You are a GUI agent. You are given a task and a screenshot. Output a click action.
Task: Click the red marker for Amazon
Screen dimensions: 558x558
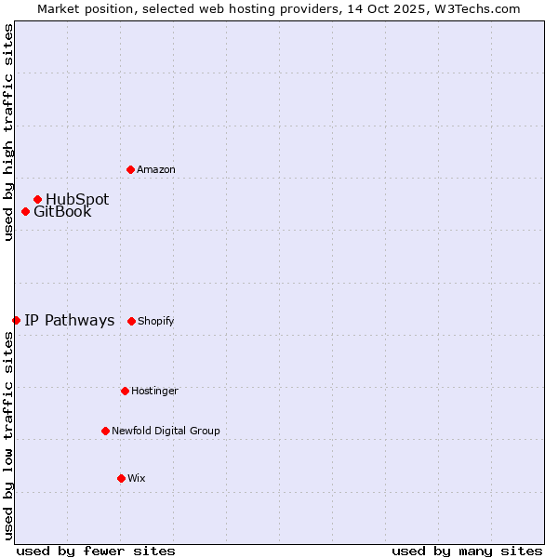point(130,169)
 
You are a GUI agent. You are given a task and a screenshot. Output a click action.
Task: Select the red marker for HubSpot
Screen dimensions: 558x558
point(37,199)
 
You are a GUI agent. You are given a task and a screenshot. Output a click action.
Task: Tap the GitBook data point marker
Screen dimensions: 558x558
point(25,211)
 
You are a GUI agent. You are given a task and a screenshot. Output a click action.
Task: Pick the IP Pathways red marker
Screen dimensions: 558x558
point(16,320)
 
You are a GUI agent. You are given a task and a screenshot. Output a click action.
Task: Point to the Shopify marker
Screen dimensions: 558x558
point(131,321)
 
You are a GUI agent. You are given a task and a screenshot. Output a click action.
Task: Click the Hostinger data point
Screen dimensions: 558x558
point(125,391)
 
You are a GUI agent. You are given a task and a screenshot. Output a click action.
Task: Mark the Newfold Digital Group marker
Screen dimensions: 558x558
point(105,431)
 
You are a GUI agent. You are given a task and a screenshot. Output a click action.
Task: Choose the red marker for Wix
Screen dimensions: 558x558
point(121,478)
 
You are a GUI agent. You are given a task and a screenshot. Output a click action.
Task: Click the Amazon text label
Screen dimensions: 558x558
point(156,169)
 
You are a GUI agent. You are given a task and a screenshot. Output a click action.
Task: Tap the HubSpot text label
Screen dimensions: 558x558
point(77,199)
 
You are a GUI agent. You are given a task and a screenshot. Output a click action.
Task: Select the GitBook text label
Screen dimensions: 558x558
point(62,211)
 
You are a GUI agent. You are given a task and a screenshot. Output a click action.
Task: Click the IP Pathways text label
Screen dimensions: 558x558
point(69,320)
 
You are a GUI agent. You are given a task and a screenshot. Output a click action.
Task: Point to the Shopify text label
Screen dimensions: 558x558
point(156,321)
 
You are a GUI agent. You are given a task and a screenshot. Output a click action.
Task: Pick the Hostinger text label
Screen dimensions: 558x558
point(154,391)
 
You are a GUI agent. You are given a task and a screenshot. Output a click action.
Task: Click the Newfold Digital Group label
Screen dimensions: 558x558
point(166,431)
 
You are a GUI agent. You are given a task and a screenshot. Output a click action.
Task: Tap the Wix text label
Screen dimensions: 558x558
point(137,478)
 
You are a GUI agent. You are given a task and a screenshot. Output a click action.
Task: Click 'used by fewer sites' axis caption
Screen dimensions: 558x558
point(96,551)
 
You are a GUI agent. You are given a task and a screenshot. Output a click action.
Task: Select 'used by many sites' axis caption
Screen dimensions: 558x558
point(467,551)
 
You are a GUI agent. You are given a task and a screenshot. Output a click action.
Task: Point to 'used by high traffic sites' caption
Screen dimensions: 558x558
point(8,132)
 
